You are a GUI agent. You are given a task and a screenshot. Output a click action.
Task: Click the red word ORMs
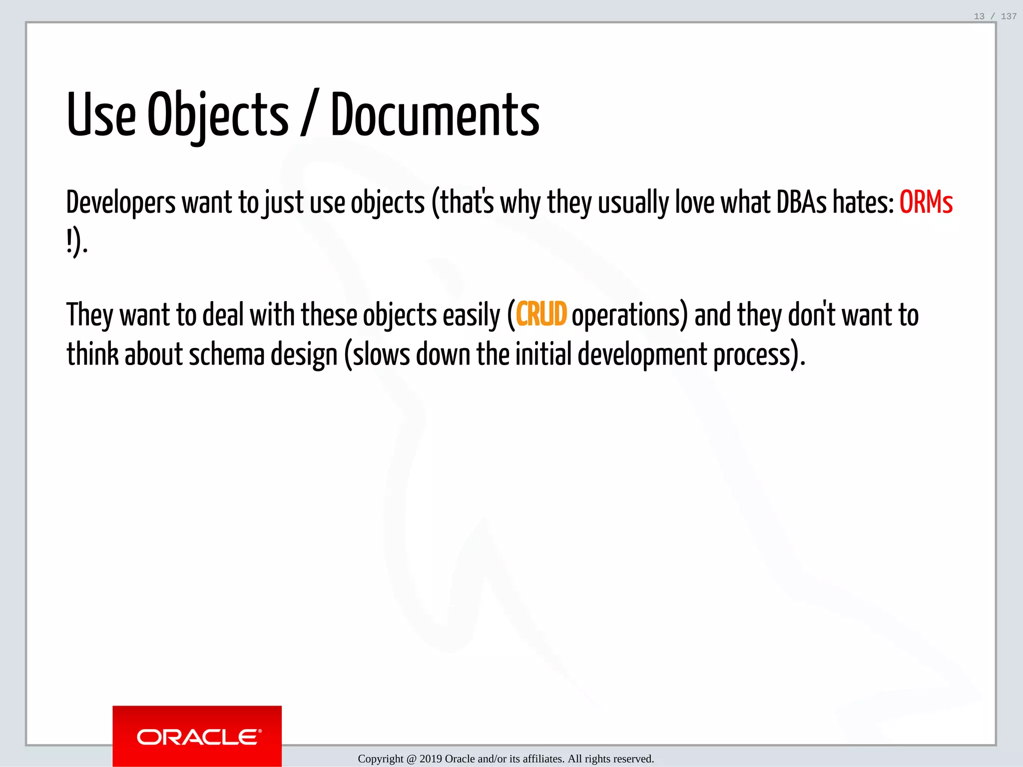click(x=926, y=202)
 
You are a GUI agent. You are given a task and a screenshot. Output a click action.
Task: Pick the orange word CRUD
click(x=541, y=315)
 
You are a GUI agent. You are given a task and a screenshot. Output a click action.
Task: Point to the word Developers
click(x=121, y=203)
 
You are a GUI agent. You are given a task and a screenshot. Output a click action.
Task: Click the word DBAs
click(x=801, y=202)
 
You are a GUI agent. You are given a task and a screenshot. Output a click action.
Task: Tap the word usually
click(x=633, y=203)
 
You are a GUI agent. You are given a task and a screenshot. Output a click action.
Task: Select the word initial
click(x=543, y=355)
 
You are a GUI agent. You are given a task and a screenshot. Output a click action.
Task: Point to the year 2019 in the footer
click(x=431, y=759)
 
